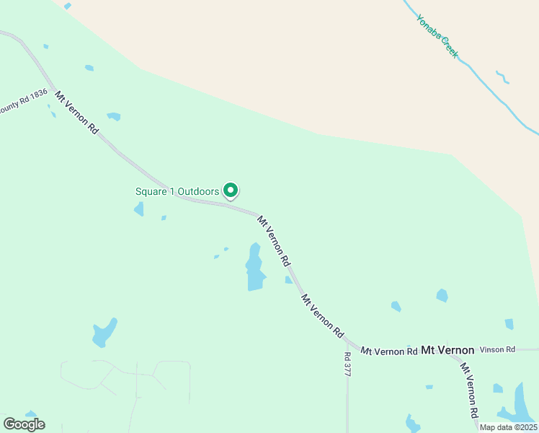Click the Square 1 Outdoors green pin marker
pos(231,191)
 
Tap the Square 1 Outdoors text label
pos(177,191)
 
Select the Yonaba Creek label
pos(437,36)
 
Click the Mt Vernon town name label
pos(447,350)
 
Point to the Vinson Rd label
pos(498,349)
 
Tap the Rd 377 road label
pos(347,364)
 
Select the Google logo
pos(24,424)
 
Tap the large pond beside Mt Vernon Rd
pos(254,268)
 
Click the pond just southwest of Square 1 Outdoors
pos(138,209)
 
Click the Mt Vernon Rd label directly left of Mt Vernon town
pos(389,351)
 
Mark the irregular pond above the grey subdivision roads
pos(104,333)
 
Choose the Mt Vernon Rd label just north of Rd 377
pos(322,316)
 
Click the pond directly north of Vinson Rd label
pos(509,324)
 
